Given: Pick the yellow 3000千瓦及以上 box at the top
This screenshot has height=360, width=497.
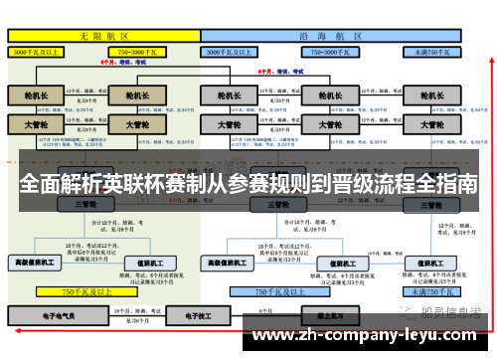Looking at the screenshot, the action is pos(40,50).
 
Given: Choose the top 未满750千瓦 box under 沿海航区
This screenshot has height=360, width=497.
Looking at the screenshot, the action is pos(432,50).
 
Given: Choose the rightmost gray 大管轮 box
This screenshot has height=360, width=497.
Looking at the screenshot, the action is pos(431,125).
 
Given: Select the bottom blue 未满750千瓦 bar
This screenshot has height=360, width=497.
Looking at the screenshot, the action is pos(433,291).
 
